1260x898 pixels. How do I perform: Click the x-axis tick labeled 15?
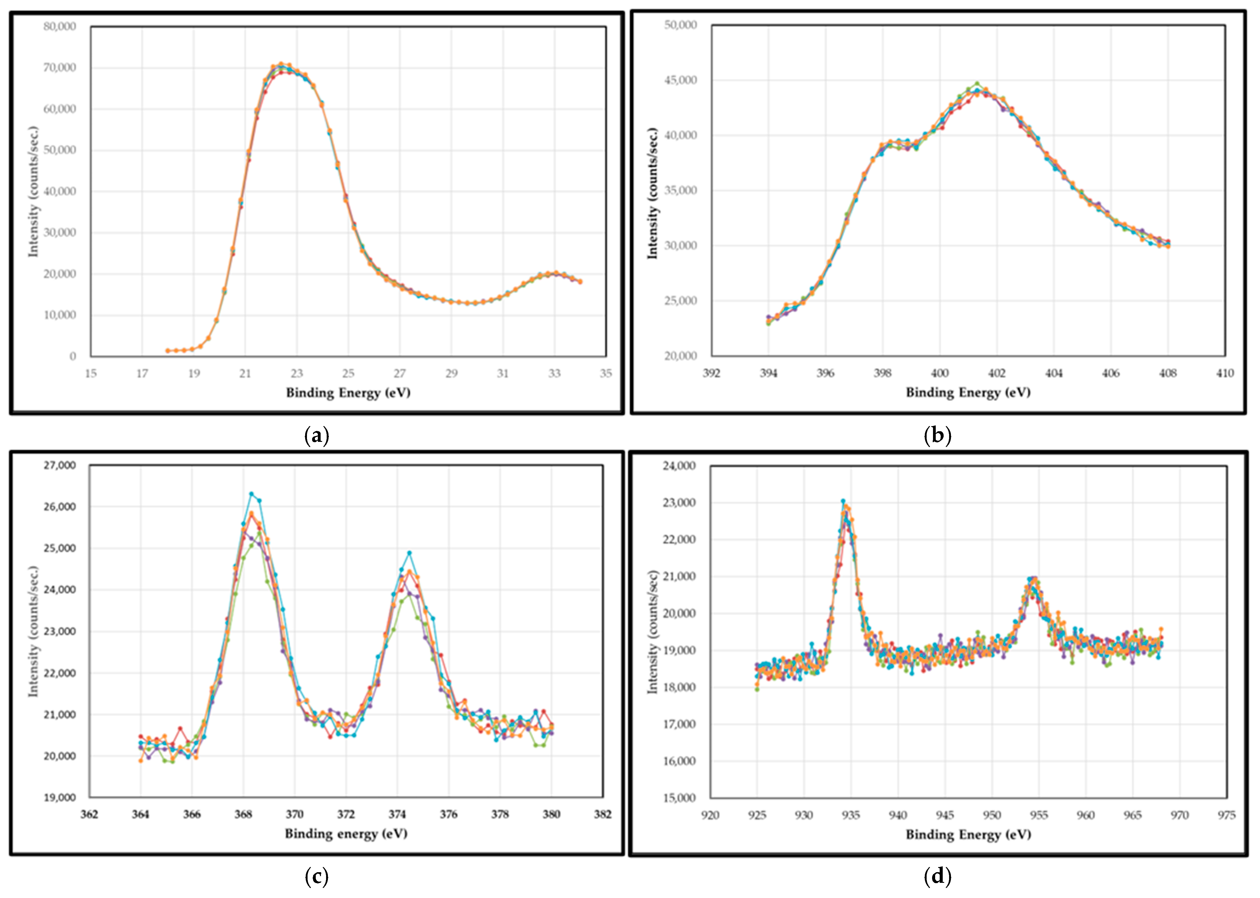coord(91,373)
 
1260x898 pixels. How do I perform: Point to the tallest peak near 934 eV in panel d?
coord(843,501)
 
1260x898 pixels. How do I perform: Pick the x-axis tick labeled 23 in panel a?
coord(297,373)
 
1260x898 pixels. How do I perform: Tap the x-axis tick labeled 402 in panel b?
coord(997,373)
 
